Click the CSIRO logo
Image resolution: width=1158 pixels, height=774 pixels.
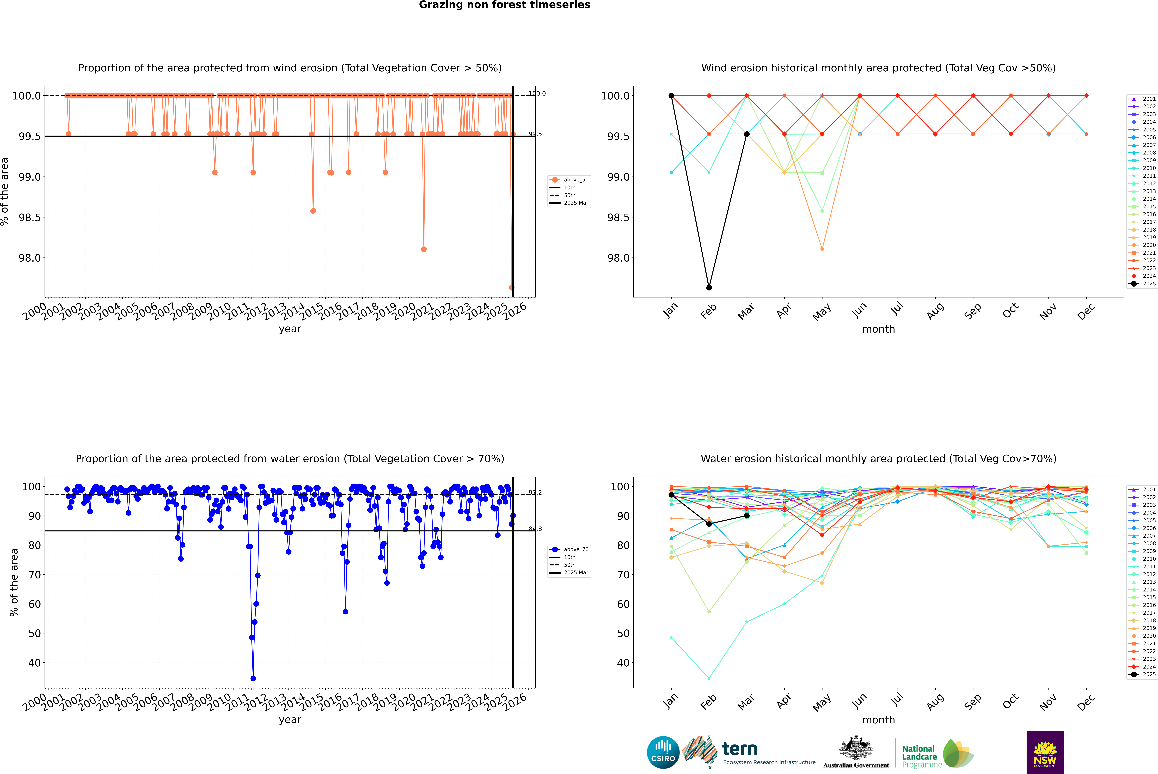click(x=663, y=752)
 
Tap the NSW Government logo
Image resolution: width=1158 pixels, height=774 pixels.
click(x=1045, y=752)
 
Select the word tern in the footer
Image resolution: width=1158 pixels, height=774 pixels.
click(x=739, y=749)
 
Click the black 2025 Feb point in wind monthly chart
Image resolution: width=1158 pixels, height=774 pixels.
click(x=709, y=288)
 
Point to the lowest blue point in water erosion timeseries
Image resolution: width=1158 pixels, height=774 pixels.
click(x=253, y=678)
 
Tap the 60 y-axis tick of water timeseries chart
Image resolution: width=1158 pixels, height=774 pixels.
click(x=35, y=604)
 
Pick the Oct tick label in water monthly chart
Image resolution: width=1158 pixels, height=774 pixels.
click(x=1010, y=701)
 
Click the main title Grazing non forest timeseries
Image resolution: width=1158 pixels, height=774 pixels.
click(x=504, y=5)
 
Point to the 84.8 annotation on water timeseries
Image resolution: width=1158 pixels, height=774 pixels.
click(x=535, y=529)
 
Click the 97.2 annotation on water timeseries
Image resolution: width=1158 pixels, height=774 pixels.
click(x=535, y=493)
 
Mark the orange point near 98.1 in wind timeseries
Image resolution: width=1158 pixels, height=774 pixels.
click(x=423, y=249)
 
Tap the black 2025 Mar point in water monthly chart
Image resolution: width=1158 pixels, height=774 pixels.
click(x=746, y=516)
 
